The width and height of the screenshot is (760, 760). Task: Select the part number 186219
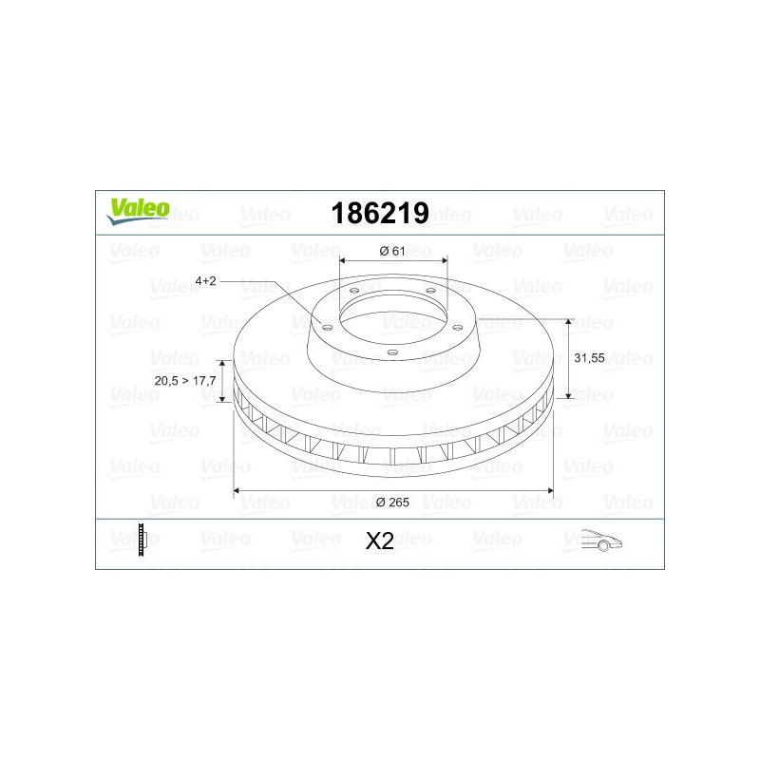(x=379, y=213)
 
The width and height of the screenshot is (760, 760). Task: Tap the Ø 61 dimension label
(x=392, y=250)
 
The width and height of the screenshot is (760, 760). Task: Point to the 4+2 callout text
(x=206, y=281)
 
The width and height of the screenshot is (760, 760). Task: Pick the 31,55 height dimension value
(x=590, y=358)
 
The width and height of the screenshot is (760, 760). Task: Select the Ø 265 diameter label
(x=392, y=503)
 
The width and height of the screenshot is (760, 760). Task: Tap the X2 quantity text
(x=379, y=541)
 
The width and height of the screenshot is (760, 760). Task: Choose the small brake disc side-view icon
(x=142, y=540)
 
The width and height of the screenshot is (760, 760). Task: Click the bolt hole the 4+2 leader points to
(x=327, y=327)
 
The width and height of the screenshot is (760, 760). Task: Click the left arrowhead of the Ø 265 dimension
(x=238, y=491)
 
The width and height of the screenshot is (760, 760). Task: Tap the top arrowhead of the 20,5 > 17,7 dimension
(x=224, y=364)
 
